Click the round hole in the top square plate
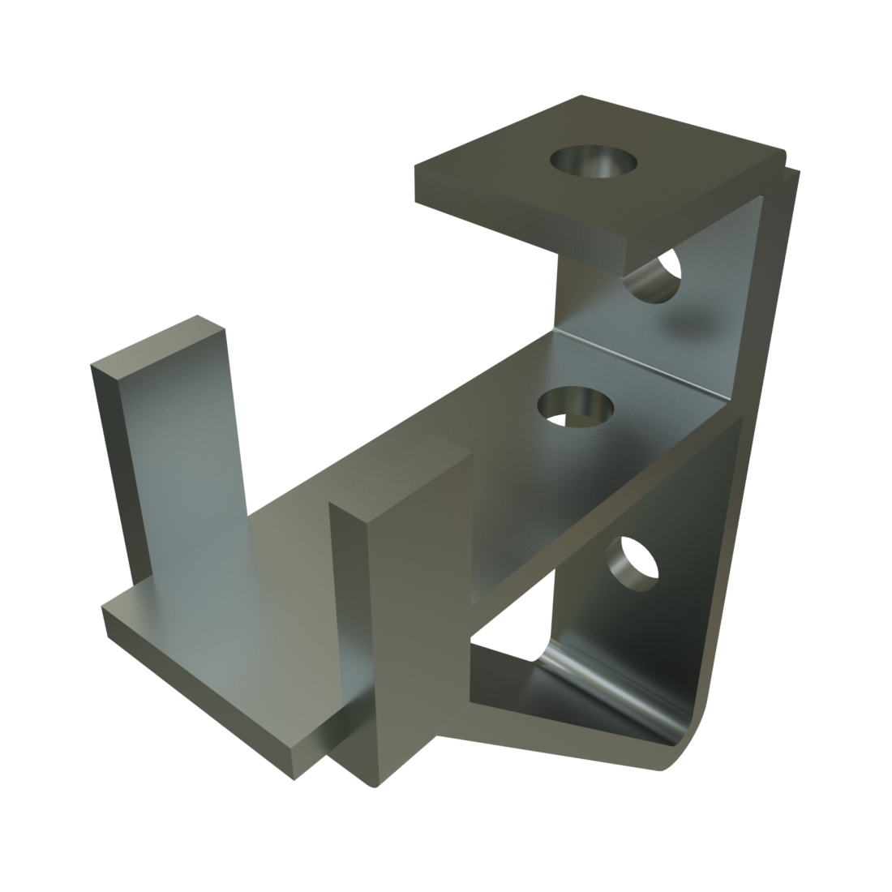[594, 161]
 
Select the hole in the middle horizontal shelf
[574, 406]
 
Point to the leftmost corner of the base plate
[103, 610]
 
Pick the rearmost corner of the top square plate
[581, 96]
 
